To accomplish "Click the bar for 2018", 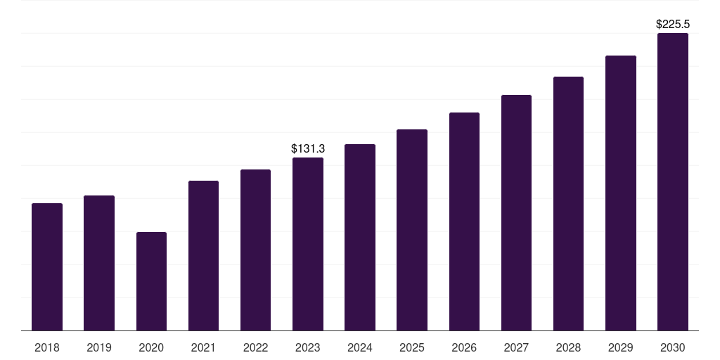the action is tap(47, 266).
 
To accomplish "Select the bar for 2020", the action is tap(152, 281).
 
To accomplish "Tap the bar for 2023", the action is tap(308, 244).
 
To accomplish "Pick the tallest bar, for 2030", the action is tap(673, 182).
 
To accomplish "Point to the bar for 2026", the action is tap(464, 221).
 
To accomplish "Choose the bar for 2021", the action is tap(203, 256).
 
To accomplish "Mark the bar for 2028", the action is tap(568, 204).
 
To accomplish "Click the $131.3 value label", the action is tap(308, 149).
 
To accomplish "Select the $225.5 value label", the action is tap(673, 25).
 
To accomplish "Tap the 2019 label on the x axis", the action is tap(99, 348).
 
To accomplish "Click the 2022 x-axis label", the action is tap(255, 348).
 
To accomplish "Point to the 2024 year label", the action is tap(360, 348).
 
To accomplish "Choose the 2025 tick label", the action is tap(412, 348).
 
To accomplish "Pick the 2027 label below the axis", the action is tap(516, 348).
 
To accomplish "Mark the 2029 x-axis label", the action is tap(620, 348).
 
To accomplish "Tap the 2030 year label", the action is tap(673, 348).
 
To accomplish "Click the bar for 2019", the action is tap(99, 263).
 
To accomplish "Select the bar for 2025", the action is tap(412, 230).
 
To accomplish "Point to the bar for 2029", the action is tap(621, 193).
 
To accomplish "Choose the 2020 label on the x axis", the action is tap(151, 348).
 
